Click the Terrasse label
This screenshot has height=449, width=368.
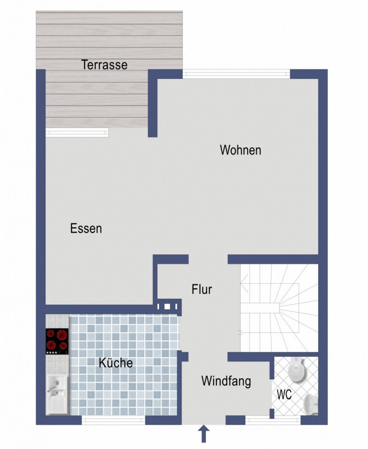click(x=104, y=65)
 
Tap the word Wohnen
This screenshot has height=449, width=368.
click(x=240, y=150)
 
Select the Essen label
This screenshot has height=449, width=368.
click(x=86, y=229)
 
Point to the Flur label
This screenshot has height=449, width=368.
click(x=202, y=289)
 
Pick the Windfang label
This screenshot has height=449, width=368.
click(x=226, y=381)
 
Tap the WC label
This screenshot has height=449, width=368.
click(x=284, y=395)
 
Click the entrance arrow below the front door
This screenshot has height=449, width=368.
click(x=204, y=433)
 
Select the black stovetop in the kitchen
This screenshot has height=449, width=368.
click(x=57, y=341)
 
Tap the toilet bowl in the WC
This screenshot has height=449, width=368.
click(x=297, y=370)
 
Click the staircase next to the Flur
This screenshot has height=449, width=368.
click(x=279, y=308)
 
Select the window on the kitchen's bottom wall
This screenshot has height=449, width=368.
click(x=114, y=420)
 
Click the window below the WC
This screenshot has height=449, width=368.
click(x=273, y=420)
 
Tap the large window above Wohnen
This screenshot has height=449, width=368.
click(x=236, y=74)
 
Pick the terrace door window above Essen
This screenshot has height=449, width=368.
click(x=77, y=132)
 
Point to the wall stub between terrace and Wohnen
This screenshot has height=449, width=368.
click(x=152, y=103)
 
